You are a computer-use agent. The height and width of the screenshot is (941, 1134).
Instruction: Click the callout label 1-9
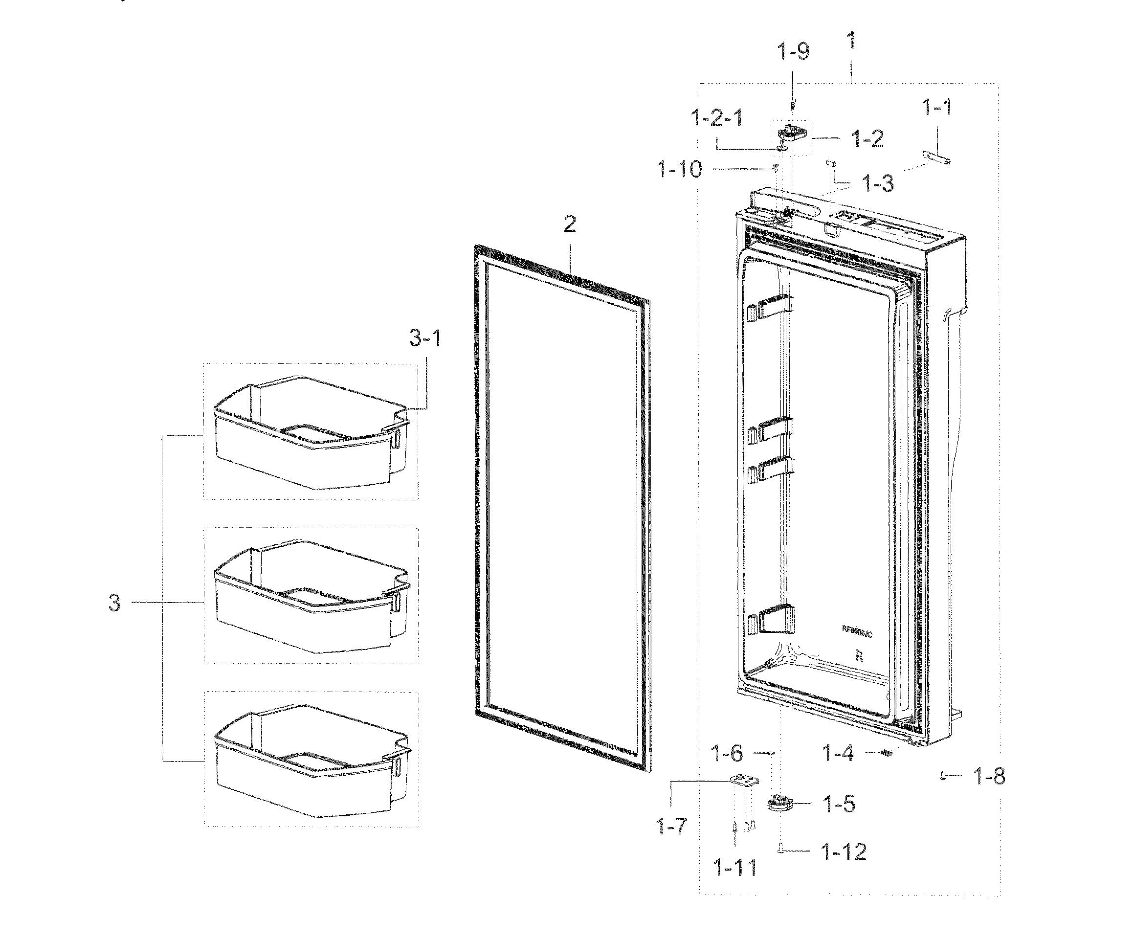click(793, 52)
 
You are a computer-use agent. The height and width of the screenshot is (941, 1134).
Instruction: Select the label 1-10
click(679, 170)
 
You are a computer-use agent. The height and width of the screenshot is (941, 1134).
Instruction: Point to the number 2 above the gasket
click(570, 224)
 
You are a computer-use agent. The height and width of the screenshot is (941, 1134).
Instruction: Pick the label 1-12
click(844, 852)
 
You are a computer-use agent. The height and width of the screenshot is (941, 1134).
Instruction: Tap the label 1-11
click(735, 869)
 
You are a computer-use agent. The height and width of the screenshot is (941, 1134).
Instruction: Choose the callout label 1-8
click(989, 777)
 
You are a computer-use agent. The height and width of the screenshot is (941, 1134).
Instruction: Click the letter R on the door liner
click(859, 657)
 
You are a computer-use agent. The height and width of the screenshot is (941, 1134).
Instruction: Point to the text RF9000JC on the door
click(857, 630)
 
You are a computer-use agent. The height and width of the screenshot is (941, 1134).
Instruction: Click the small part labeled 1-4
click(885, 753)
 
